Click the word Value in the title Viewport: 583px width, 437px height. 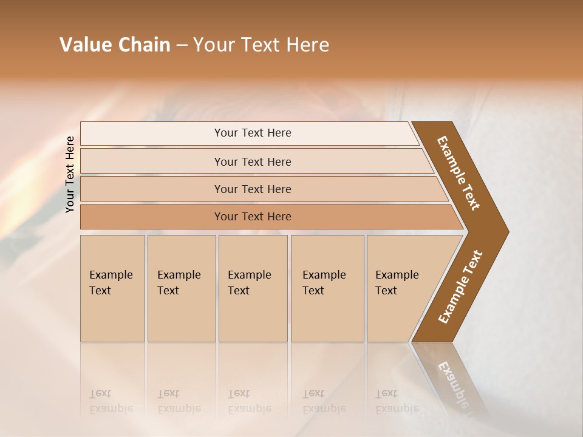(x=84, y=45)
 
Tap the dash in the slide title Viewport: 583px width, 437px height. (x=182, y=46)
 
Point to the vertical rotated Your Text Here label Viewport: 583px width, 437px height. (x=70, y=174)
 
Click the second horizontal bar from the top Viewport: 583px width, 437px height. (x=253, y=161)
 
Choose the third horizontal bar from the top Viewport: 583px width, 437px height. (x=253, y=189)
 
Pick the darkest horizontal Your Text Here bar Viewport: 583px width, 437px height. (x=253, y=217)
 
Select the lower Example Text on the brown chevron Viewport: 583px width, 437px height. (x=460, y=287)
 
